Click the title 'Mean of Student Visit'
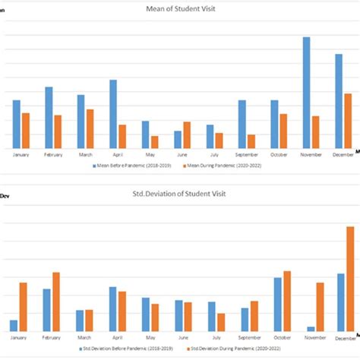180,8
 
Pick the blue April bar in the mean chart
112,114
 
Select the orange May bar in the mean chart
155,142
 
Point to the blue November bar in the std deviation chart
311,329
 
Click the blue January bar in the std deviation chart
14,325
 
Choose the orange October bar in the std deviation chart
287,301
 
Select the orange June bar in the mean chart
187,135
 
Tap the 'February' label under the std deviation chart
52,338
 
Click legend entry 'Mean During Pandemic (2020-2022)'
222,165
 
